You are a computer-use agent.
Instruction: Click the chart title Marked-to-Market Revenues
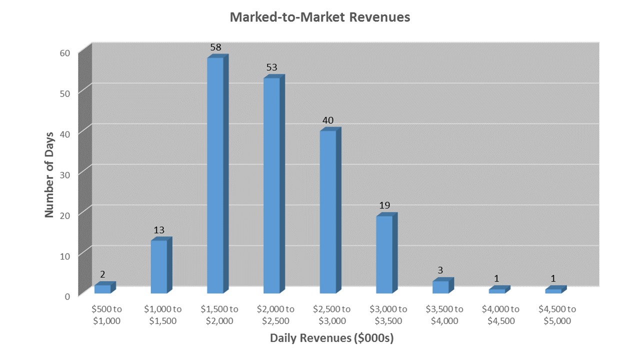[x=319, y=17]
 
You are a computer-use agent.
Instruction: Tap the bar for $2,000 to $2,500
[x=274, y=184]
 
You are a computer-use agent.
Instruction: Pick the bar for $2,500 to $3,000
[x=330, y=210]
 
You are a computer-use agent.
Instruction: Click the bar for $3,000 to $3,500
[x=386, y=253]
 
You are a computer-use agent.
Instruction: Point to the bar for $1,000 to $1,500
[x=161, y=265]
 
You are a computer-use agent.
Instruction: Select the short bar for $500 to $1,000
[x=105, y=287]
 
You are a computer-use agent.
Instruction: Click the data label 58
[x=215, y=47]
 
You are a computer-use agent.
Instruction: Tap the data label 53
[x=271, y=67]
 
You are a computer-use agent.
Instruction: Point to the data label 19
[x=384, y=205]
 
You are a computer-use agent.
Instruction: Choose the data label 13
[x=159, y=230]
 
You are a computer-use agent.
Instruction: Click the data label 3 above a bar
[x=440, y=270]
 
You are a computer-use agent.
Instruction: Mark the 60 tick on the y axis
[x=65, y=53]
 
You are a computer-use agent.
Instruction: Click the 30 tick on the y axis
[x=65, y=175]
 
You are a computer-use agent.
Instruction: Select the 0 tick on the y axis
[x=67, y=297]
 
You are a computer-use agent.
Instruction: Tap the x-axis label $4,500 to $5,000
[x=557, y=315]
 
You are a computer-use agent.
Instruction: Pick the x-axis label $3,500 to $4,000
[x=444, y=315]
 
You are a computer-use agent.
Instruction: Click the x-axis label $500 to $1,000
[x=106, y=315]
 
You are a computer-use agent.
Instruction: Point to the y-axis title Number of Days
[x=49, y=175]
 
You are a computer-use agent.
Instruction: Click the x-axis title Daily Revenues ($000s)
[x=331, y=338]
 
